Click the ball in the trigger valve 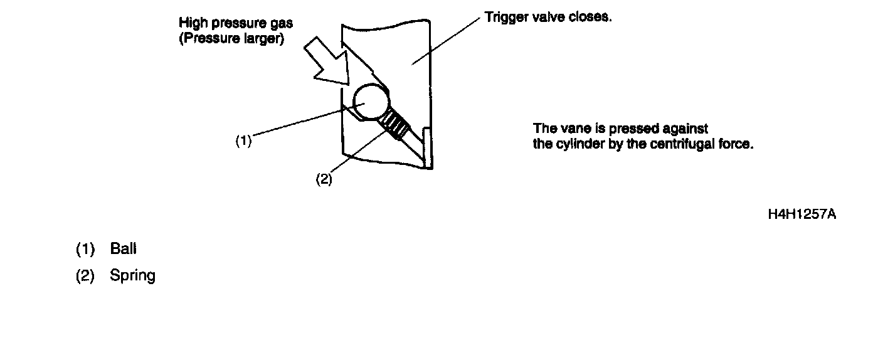[x=371, y=102]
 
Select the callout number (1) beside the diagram [x=243, y=141]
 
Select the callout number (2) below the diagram [x=323, y=179]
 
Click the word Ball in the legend [x=123, y=248]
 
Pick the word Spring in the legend [x=132, y=275]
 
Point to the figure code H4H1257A [x=802, y=214]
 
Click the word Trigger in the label [x=504, y=18]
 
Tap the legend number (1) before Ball [x=85, y=249]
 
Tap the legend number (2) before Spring [x=85, y=276]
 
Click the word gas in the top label [x=282, y=23]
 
